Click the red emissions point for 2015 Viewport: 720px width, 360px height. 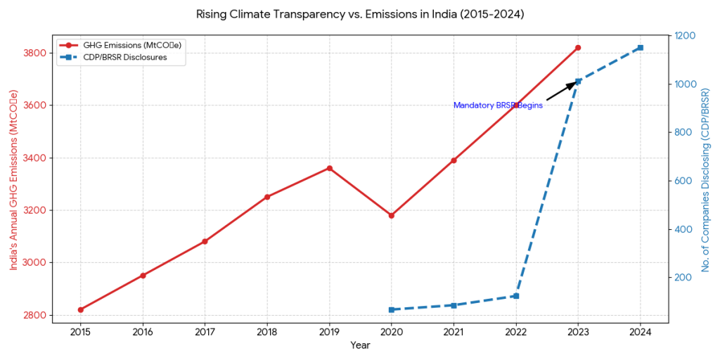(81, 309)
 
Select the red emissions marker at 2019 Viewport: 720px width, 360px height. (329, 168)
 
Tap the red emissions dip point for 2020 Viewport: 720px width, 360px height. (392, 215)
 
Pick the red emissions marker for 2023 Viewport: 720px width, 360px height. (578, 48)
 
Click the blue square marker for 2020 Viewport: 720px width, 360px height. (392, 309)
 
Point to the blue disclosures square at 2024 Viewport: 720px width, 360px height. (640, 48)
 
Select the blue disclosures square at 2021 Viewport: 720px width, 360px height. (454, 305)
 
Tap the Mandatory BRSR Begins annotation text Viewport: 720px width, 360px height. (498, 105)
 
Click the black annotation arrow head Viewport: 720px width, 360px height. (576, 82)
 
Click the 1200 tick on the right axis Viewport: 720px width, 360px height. (686, 36)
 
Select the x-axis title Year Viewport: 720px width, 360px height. (360, 345)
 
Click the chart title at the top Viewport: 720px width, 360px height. (360, 13)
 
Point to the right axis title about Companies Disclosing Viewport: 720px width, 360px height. (705, 179)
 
